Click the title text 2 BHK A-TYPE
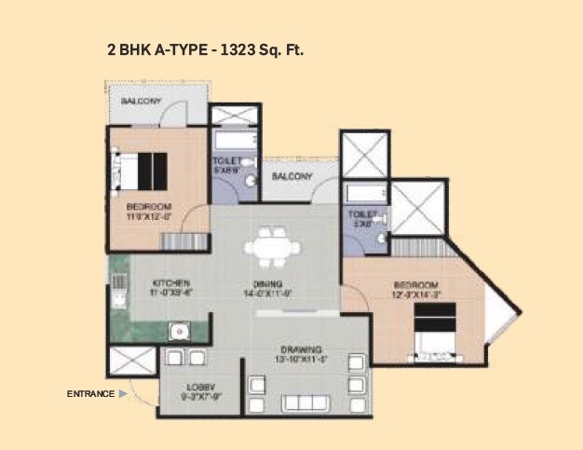pos(159,48)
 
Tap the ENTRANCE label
pos(89,394)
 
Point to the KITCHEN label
pos(172,282)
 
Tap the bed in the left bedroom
pos(141,170)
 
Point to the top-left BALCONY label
pos(142,101)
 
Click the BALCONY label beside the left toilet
pos(291,176)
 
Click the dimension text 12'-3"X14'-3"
pos(414,294)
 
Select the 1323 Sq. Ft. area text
pos(261,48)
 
